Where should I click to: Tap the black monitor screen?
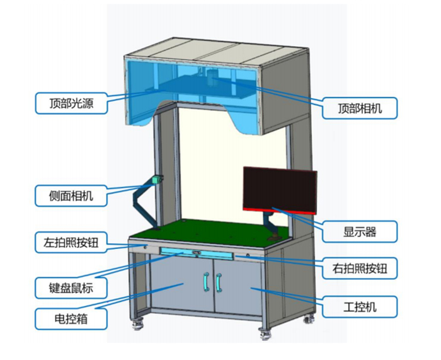[x=279, y=187]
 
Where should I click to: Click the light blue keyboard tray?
[x=196, y=253]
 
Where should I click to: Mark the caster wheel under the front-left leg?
[x=137, y=326]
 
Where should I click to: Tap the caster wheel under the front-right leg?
[x=264, y=332]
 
